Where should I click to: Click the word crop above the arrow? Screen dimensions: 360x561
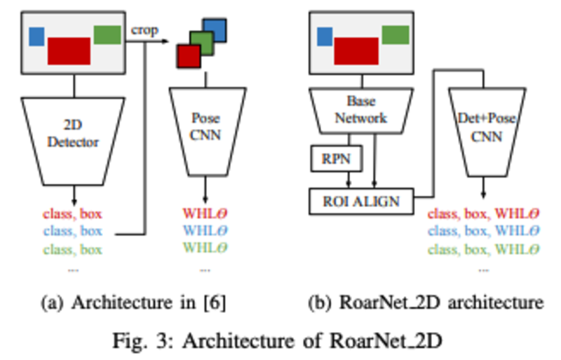pos(144,32)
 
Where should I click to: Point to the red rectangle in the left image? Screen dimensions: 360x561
pos(69,51)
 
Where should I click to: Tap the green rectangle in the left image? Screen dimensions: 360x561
pos(107,34)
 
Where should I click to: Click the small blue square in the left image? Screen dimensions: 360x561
pos(37,35)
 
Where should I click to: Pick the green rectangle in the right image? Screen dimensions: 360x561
pos(396,34)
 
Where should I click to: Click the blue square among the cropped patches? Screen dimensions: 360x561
pos(216,30)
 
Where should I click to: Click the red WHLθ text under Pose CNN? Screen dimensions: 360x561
pos(205,213)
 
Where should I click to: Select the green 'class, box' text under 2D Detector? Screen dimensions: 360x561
pos(72,249)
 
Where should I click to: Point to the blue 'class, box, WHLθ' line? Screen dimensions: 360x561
pos(485,231)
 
